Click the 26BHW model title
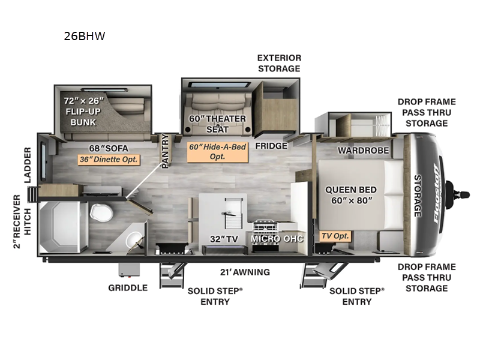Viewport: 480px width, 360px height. [85, 36]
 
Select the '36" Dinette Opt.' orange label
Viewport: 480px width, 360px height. [109, 160]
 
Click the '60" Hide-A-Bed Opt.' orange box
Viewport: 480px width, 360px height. [218, 151]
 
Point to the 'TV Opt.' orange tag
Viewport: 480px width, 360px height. [334, 236]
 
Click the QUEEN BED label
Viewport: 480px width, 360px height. [350, 194]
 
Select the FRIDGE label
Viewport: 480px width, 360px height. [271, 145]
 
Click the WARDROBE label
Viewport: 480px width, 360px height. [363, 150]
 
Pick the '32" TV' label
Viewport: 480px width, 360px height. [221, 238]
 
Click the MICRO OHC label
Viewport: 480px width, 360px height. [277, 238]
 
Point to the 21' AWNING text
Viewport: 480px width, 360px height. [244, 272]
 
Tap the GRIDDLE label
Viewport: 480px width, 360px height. [127, 287]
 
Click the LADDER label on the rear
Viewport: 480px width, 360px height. [28, 164]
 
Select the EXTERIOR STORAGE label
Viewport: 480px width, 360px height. [279, 63]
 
